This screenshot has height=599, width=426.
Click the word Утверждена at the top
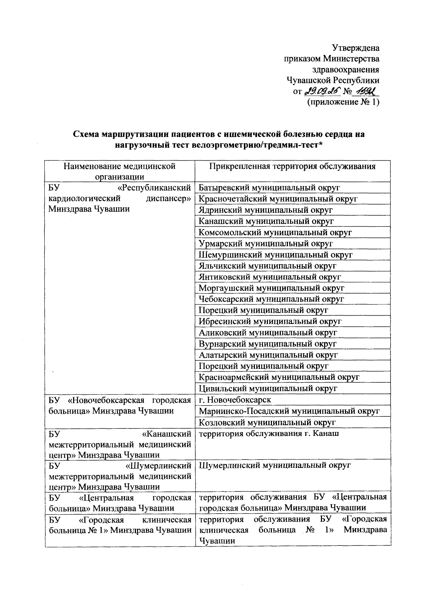pyautogui.click(x=355, y=48)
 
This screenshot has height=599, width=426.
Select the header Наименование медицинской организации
pyautogui.click(x=119, y=171)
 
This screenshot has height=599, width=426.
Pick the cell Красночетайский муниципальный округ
pyautogui.click(x=278, y=199)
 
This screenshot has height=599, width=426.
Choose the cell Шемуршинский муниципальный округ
pyautogui.click(x=275, y=255)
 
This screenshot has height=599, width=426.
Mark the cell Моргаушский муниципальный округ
pyautogui.click(x=271, y=288)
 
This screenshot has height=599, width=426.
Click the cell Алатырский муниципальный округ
pyautogui.click(x=268, y=355)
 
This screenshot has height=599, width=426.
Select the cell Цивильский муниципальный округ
pyautogui.click(x=268, y=388)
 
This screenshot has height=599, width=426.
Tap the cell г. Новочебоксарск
pyautogui.click(x=235, y=400)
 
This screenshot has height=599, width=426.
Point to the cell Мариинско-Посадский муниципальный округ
pyautogui.click(x=289, y=411)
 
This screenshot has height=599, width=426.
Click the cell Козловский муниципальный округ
pyautogui.click(x=267, y=422)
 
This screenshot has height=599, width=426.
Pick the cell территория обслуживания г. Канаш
pyautogui.click(x=269, y=433)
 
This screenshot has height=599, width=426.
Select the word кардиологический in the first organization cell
pyautogui.click(x=85, y=198)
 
